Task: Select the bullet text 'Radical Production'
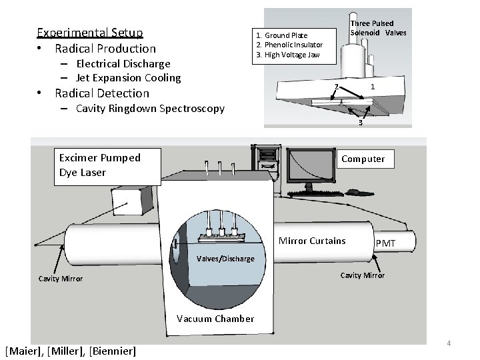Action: tap(105, 49)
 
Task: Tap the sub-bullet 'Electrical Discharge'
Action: tap(123, 64)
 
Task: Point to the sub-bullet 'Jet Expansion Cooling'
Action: tap(128, 78)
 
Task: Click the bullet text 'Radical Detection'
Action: tap(102, 93)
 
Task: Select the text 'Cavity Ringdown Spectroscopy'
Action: tap(150, 109)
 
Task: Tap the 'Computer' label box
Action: tap(363, 159)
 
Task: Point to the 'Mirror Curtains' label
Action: tap(312, 241)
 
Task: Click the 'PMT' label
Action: tap(385, 246)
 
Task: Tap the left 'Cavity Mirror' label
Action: tap(60, 279)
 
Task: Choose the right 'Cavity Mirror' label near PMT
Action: tap(362, 275)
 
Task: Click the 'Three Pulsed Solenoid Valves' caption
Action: tap(378, 28)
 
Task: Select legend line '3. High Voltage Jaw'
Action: tap(287, 55)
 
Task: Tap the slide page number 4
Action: tap(449, 343)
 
